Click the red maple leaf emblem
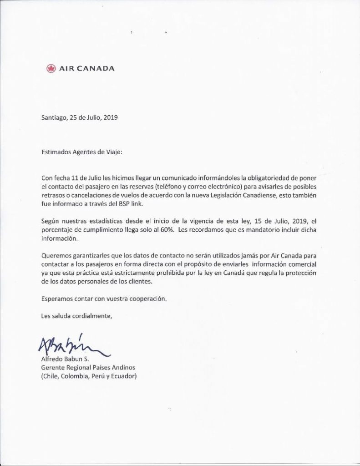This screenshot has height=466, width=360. pyautogui.click(x=51, y=69)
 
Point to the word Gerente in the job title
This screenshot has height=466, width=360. pyautogui.click(x=53, y=368)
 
